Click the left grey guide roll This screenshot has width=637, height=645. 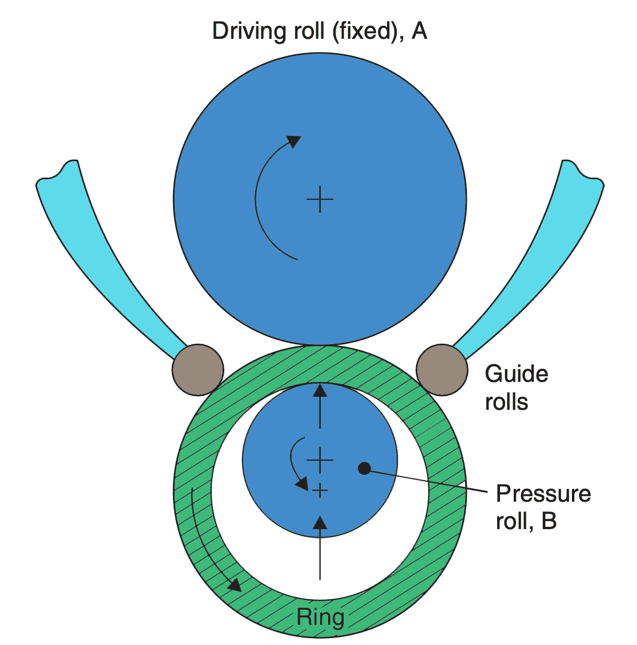click(x=198, y=369)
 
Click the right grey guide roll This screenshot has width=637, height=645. click(x=442, y=369)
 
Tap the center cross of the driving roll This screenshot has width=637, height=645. click(x=320, y=199)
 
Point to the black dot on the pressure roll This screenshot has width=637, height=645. click(x=364, y=469)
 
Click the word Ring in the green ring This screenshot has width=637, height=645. click(x=320, y=617)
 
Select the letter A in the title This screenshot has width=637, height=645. click(x=419, y=31)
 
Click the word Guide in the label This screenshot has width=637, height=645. click(x=517, y=374)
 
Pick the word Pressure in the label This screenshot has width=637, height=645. click(x=543, y=494)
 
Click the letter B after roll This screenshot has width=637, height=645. click(x=549, y=521)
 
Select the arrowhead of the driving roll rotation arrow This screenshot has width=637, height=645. click(x=293, y=141)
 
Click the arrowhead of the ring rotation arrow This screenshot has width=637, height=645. click(x=234, y=584)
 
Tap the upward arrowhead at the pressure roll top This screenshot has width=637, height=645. click(x=320, y=390)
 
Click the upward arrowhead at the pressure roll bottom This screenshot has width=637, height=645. click(x=320, y=522)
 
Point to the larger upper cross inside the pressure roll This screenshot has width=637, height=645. click(x=320, y=459)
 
